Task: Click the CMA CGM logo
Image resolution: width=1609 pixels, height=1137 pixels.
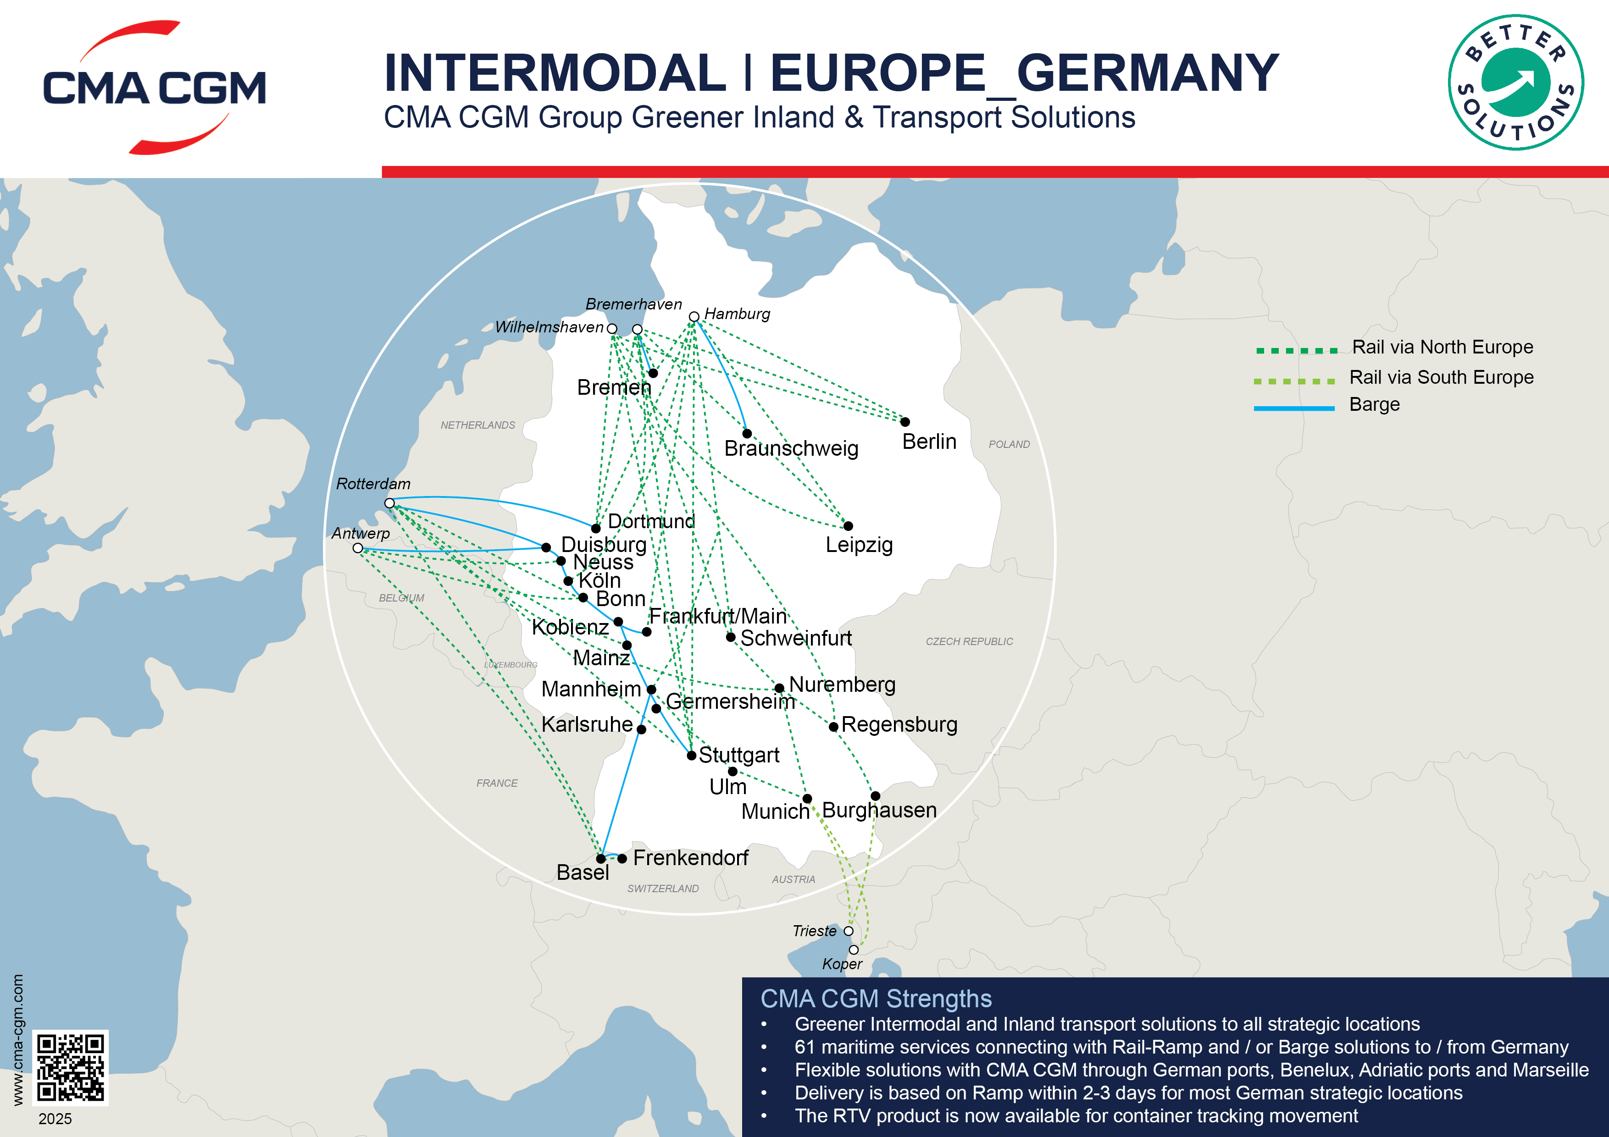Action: click(x=154, y=88)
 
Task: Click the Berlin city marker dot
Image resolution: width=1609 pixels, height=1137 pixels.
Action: click(x=904, y=422)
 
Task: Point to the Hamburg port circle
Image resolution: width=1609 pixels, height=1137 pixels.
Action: click(x=694, y=317)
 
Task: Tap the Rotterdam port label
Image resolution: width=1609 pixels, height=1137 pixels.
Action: click(x=373, y=483)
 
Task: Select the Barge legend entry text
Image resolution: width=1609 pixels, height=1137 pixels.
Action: click(x=1374, y=405)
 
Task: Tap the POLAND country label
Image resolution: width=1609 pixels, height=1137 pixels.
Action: click(x=1009, y=444)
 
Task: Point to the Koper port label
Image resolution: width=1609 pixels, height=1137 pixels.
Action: click(x=842, y=964)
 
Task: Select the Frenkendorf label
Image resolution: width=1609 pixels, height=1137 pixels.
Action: click(x=690, y=857)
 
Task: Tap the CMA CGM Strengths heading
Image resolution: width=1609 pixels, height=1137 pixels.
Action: click(x=876, y=998)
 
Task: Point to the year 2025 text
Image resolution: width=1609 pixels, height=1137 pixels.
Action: click(x=55, y=1119)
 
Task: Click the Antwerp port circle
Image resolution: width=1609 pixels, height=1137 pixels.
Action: click(x=357, y=548)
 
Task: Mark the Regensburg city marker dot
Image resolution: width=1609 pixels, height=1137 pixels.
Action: click(x=833, y=727)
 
